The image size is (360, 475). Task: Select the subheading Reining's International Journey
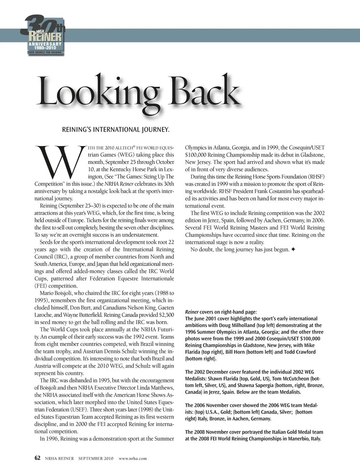115,130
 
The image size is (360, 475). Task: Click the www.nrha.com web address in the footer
133,458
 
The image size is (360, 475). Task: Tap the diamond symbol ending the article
293,249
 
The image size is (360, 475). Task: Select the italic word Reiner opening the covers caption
192,312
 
